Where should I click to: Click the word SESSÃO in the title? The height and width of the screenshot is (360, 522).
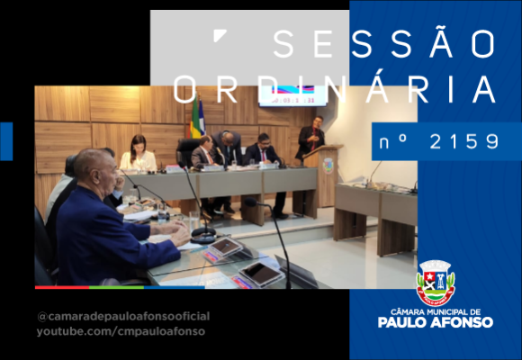point(384,43)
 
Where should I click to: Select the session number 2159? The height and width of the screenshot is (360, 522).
point(464,142)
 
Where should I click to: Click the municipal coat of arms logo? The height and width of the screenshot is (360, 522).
point(436,283)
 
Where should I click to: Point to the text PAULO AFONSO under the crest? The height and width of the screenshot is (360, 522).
point(436,322)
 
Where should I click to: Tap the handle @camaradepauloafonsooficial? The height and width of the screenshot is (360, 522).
point(123,317)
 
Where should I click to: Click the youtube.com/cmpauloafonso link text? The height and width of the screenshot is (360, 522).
point(121,332)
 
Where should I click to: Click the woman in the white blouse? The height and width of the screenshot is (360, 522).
point(139,153)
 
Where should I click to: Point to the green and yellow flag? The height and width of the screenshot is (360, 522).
point(195,117)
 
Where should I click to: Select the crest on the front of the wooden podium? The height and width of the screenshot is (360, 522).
point(328,166)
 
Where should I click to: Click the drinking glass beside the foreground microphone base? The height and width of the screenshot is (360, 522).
point(194,220)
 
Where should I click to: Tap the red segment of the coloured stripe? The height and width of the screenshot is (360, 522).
point(62,287)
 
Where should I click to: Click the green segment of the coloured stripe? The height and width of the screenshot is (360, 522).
point(117,287)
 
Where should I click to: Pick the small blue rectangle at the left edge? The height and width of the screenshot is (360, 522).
point(6,141)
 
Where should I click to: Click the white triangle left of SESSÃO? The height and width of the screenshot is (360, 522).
point(219,34)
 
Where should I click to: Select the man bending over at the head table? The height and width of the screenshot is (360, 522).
point(228,147)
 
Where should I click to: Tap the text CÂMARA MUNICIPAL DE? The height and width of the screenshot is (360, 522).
point(436,312)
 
